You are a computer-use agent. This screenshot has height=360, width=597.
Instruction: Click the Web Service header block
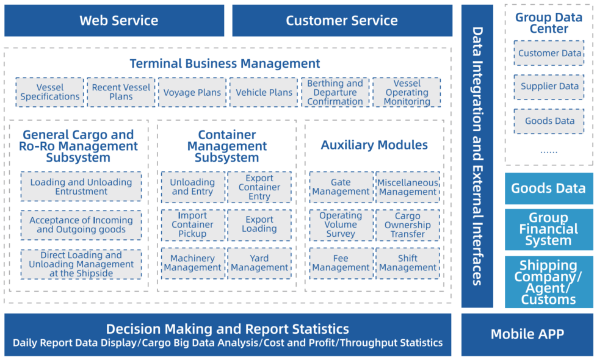(x=114, y=21)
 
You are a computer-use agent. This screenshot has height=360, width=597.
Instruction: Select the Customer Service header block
(x=342, y=21)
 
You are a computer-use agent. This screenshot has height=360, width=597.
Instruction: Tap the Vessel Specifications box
(x=50, y=92)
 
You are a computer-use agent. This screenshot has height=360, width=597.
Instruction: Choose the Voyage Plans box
(x=192, y=92)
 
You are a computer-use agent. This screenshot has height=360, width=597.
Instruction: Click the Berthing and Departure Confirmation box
(x=335, y=92)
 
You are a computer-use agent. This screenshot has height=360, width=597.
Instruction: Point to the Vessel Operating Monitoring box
(x=407, y=92)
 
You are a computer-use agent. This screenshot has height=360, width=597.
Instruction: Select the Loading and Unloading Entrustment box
(x=81, y=187)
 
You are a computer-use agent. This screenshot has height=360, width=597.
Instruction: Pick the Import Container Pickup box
(x=193, y=225)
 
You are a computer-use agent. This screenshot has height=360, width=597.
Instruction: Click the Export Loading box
(x=259, y=225)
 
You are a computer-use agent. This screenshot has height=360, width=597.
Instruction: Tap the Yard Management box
(x=259, y=264)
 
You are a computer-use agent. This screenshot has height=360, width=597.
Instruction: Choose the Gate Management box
(x=341, y=187)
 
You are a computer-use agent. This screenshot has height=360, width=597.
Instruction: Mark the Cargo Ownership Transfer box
(x=407, y=225)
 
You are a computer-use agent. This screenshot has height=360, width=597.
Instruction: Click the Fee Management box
(x=341, y=264)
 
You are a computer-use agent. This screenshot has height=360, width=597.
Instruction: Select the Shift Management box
(x=407, y=264)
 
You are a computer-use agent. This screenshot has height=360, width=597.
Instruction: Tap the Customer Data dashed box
(x=549, y=53)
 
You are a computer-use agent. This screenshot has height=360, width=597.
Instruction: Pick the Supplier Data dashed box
(x=549, y=87)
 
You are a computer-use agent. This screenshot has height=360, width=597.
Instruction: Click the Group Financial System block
(x=549, y=229)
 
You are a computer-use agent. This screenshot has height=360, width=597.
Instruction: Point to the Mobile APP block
(x=527, y=334)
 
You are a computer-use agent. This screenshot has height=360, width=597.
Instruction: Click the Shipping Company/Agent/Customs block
(x=549, y=282)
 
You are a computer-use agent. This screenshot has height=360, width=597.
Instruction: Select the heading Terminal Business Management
(x=225, y=63)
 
